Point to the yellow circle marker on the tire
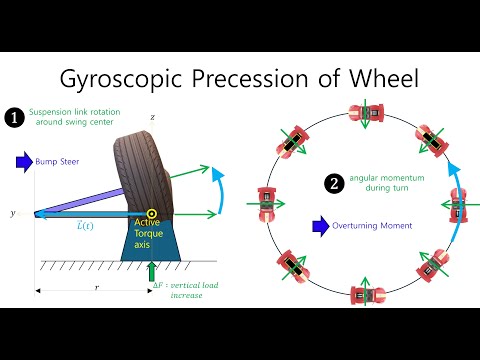(x=151, y=213)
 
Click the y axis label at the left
(x=12, y=213)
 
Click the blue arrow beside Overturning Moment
(x=321, y=226)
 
